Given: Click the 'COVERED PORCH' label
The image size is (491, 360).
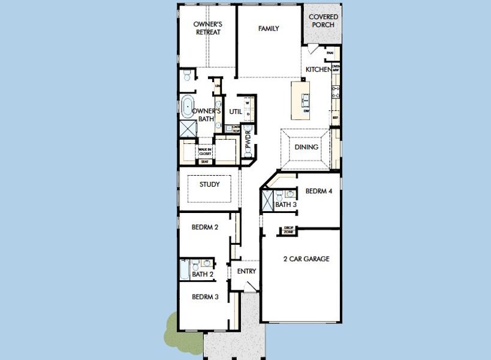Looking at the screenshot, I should (323, 21).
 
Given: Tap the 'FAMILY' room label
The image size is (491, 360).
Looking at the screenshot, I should (269, 29).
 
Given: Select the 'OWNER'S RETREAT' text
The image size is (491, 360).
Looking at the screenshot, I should (207, 28).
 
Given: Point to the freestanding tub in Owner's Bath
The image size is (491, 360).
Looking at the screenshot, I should (188, 107).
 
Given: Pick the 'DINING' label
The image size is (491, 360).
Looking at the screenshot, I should (306, 147).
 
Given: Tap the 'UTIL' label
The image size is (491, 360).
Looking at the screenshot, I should (236, 112).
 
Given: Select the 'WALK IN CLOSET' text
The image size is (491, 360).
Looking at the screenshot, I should (205, 152).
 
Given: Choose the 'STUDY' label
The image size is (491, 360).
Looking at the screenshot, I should (210, 185).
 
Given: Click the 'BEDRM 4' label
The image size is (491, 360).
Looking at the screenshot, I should (318, 191).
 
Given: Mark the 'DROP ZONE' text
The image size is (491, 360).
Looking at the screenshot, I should (289, 229).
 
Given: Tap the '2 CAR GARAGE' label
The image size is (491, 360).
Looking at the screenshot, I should (306, 259).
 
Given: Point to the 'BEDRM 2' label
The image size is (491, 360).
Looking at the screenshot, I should (204, 227).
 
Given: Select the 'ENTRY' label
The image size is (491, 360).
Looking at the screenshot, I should (246, 271).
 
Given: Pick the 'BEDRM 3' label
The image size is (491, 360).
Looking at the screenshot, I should (204, 297).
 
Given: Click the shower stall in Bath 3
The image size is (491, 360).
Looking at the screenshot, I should (268, 199).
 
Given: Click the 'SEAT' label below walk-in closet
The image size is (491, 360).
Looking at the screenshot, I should (205, 161).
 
